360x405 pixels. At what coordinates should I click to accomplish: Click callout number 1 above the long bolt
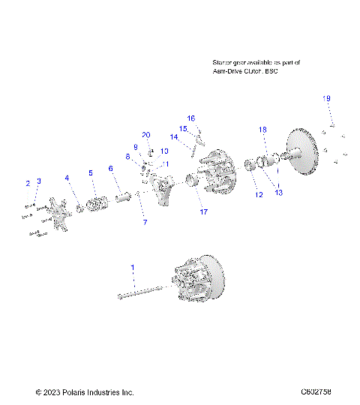(133, 267)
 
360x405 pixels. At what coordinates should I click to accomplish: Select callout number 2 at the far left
(28, 183)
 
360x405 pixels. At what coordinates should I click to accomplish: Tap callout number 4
(67, 178)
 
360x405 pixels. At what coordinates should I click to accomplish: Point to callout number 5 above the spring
(91, 173)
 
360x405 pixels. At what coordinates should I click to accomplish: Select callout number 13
(279, 193)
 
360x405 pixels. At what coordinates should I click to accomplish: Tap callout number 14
(173, 136)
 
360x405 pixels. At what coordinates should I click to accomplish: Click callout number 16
(191, 118)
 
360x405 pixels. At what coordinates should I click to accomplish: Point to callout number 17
(203, 212)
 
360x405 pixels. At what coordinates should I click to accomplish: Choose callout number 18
(262, 130)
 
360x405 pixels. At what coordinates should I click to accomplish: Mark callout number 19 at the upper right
(326, 98)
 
